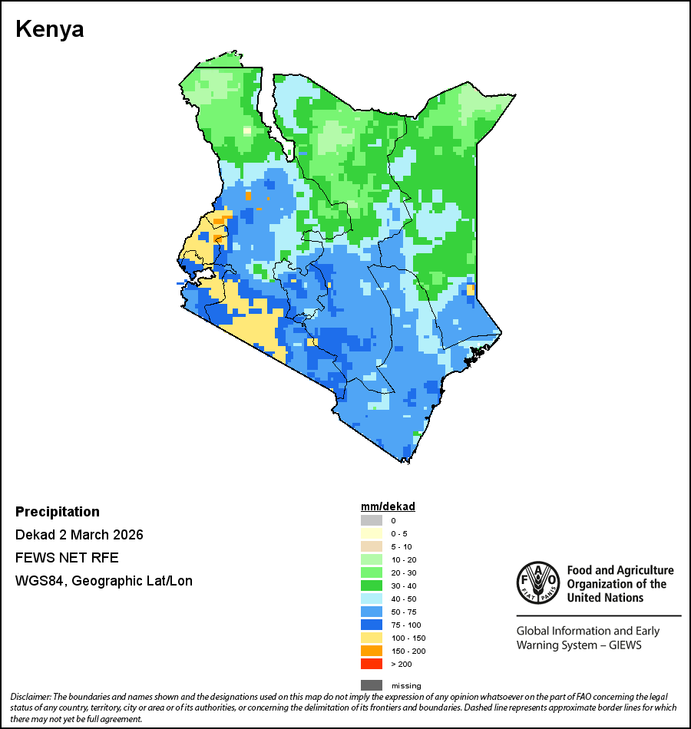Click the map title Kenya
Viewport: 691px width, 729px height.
[50, 30]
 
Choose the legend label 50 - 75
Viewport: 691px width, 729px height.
[402, 612]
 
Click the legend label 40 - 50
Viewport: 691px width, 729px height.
[402, 599]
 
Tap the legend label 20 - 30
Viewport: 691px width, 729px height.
[402, 572]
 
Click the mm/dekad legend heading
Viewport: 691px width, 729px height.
[388, 506]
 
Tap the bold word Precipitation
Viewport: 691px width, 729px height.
[58, 512]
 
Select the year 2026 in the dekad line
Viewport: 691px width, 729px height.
[128, 535]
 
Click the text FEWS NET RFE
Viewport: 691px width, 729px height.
[67, 558]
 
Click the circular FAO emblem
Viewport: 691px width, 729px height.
[537, 583]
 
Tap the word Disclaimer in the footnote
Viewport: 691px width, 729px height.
[31, 696]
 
